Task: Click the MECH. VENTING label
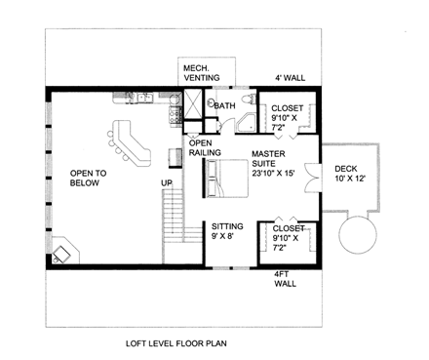click(x=202, y=73)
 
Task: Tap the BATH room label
click(x=224, y=105)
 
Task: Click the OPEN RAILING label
click(x=205, y=148)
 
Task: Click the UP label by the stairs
click(x=167, y=182)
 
